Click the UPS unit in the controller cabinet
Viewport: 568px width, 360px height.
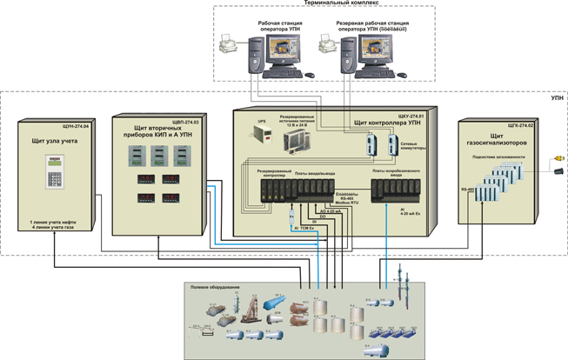264,133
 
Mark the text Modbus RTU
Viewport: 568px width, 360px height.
347,203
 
